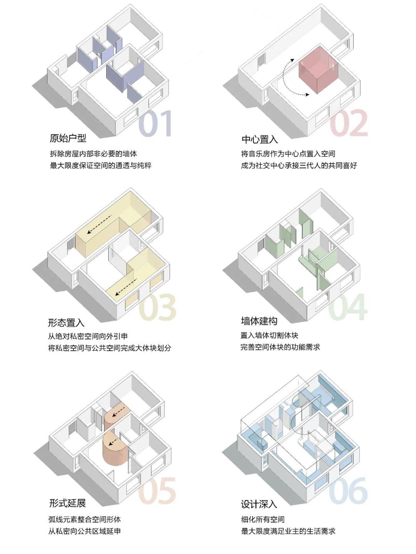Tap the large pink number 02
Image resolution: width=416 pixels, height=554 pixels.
[349, 123]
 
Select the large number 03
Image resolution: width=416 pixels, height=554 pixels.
[157, 307]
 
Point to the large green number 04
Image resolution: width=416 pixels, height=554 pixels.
[347, 307]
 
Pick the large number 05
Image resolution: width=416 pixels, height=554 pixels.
[157, 491]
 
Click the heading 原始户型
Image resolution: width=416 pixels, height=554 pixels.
[68, 138]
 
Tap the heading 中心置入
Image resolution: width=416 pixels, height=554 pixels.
[260, 139]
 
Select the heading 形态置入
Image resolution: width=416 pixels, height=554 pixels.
[66, 323]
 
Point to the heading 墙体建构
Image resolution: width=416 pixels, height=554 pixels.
[259, 321]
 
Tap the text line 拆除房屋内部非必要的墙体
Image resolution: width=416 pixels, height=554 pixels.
[93, 154]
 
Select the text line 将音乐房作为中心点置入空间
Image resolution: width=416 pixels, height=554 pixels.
[288, 154]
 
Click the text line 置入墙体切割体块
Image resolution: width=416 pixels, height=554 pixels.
[269, 335]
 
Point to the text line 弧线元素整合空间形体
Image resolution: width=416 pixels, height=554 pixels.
[85, 519]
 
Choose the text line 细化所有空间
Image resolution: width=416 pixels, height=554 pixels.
[263, 519]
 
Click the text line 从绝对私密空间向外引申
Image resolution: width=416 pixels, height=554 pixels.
[88, 336]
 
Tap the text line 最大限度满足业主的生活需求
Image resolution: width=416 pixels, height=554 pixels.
[288, 531]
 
